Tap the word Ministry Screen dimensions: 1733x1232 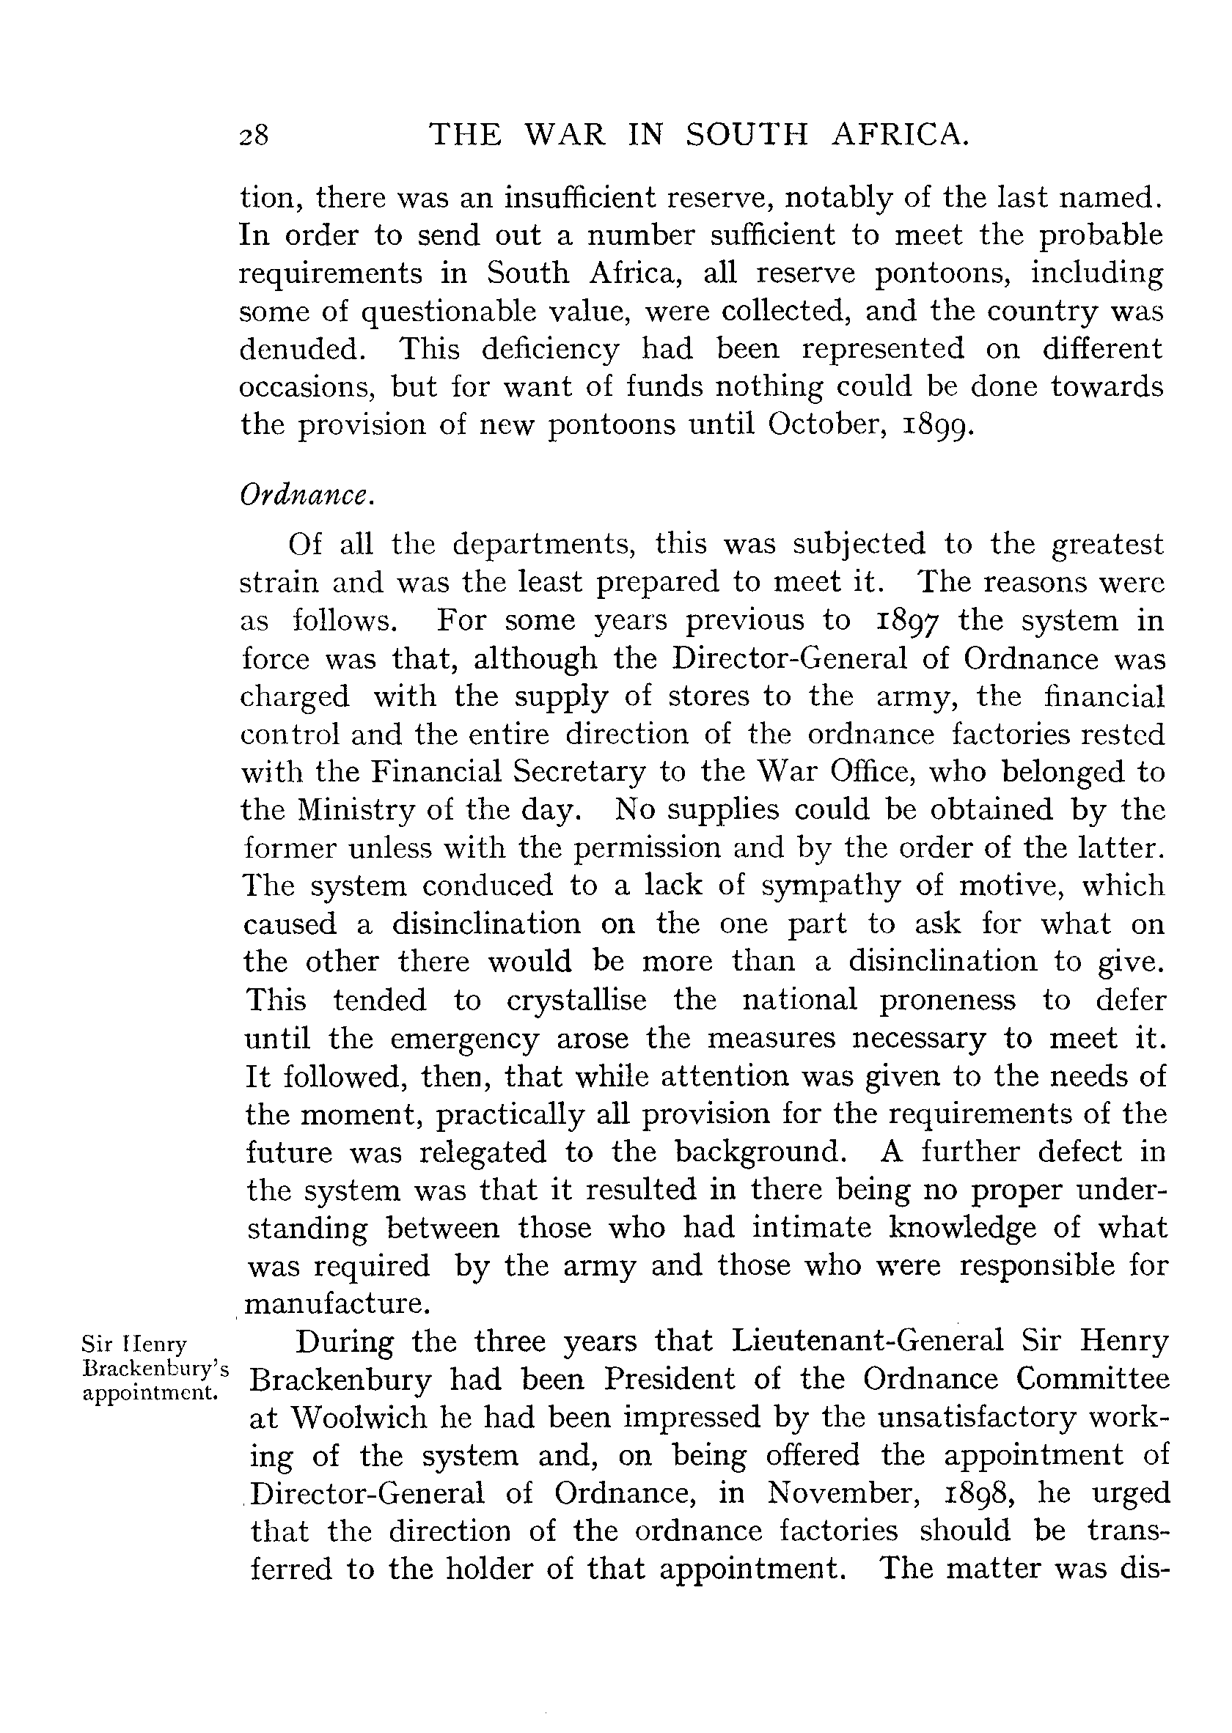coord(349,810)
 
